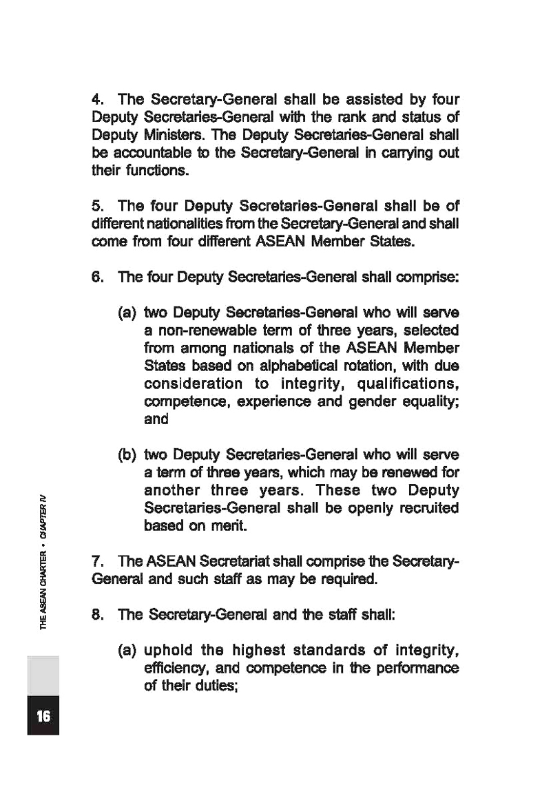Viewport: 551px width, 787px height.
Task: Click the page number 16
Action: tap(43, 716)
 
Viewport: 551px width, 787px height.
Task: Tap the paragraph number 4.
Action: tap(96, 100)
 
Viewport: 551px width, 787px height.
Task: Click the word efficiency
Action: tap(174, 668)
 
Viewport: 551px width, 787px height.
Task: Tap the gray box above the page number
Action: tap(43, 675)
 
